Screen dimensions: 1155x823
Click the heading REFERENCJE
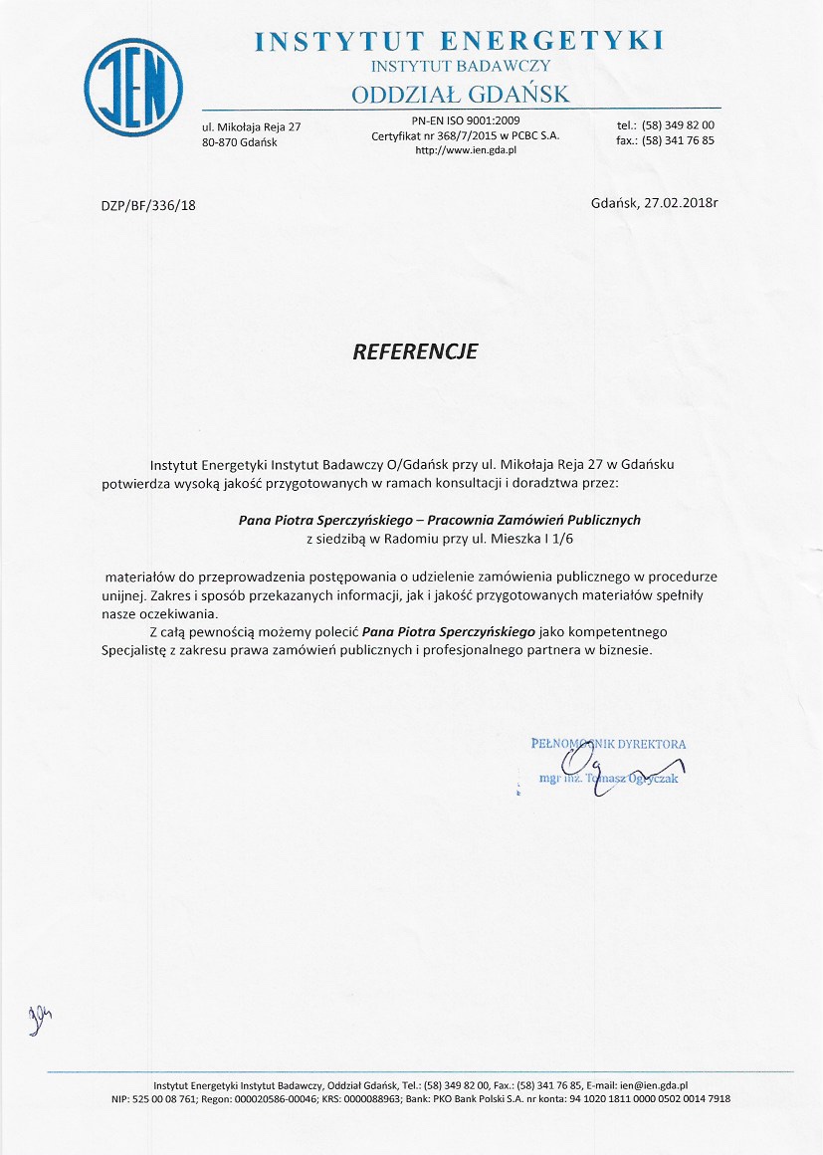click(416, 351)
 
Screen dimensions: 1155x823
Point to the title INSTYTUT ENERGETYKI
click(459, 41)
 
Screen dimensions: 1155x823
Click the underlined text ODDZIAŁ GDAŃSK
click(460, 94)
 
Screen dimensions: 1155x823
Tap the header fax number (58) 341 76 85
click(679, 140)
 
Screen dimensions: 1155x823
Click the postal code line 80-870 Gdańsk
click(239, 142)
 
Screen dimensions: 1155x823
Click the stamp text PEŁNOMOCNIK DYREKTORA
click(609, 744)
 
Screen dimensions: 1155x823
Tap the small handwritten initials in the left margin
click(41, 1016)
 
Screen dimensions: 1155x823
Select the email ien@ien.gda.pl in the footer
click(655, 1085)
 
